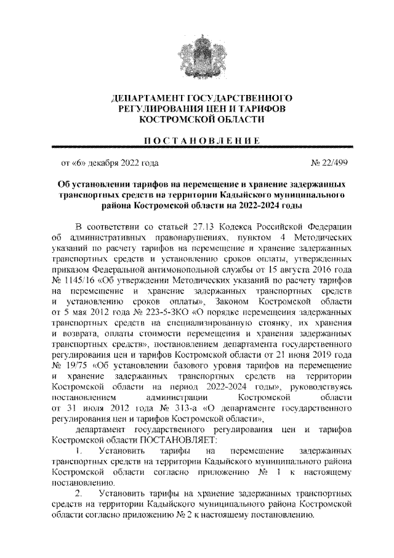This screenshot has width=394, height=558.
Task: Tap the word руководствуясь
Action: [x=319, y=382]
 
